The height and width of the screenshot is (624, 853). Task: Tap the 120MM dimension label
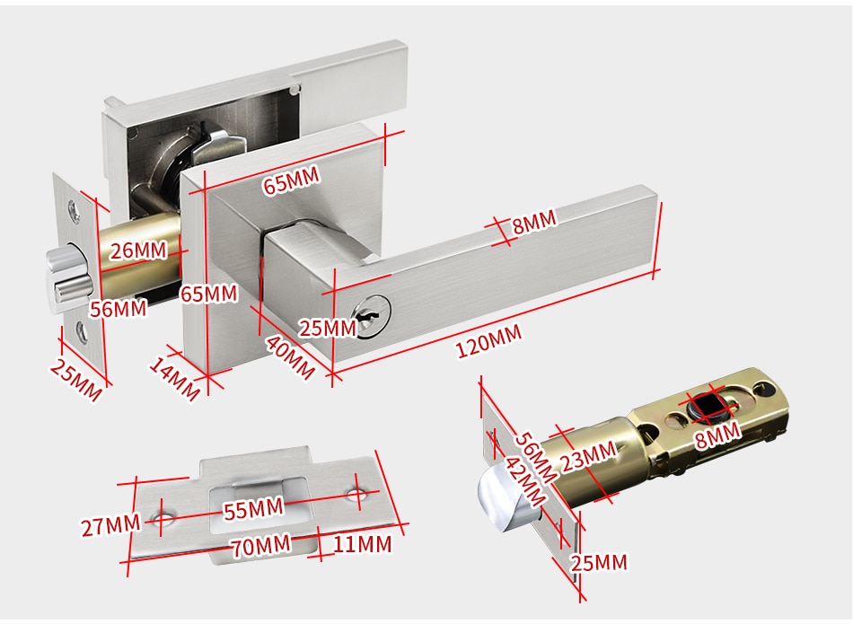click(x=488, y=342)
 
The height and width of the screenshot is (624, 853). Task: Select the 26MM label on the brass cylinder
click(x=138, y=250)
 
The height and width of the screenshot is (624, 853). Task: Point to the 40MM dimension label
click(x=289, y=356)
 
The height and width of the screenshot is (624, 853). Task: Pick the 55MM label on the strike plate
click(x=253, y=508)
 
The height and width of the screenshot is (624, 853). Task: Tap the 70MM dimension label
click(x=260, y=545)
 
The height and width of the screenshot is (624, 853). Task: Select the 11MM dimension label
click(x=362, y=544)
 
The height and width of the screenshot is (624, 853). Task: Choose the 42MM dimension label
click(x=523, y=482)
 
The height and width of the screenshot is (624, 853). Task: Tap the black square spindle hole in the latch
click(x=710, y=408)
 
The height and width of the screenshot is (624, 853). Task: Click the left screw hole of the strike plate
click(x=163, y=518)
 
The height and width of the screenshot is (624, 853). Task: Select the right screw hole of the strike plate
click(x=359, y=493)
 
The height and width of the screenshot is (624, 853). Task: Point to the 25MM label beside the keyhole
click(x=327, y=328)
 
